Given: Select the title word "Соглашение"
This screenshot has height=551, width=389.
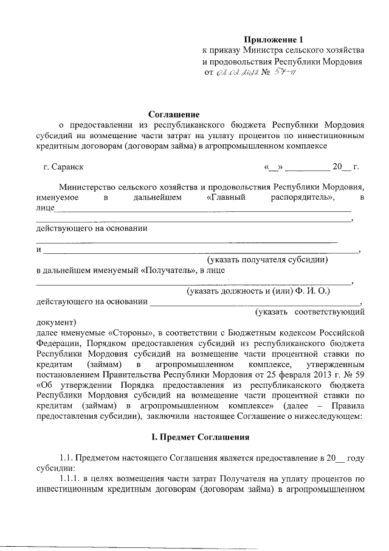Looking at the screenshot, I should pos(174,113).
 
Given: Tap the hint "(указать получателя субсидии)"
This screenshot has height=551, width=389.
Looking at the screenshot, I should pos(269,260).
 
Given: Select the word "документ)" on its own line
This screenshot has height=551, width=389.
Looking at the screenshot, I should pos(56,322).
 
